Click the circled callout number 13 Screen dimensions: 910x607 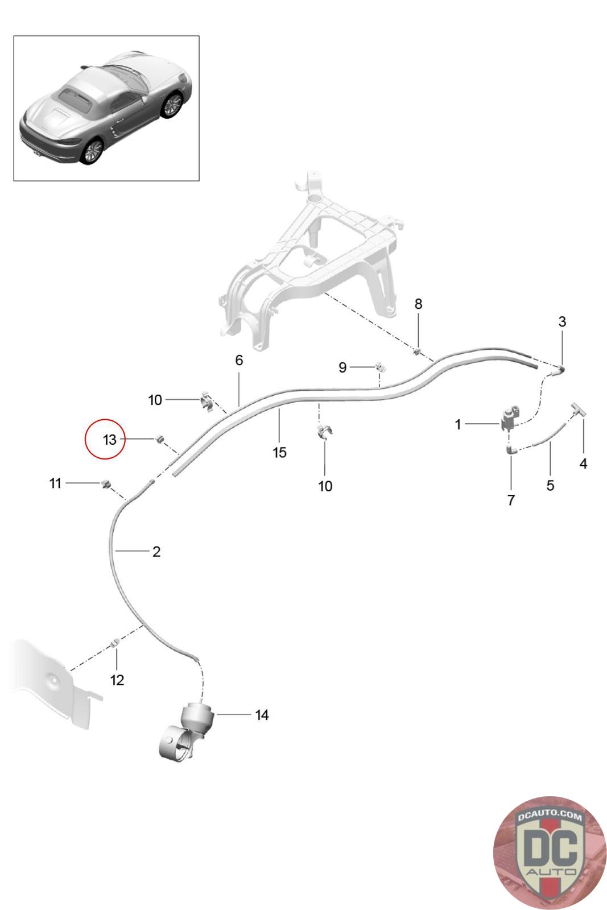tap(109, 440)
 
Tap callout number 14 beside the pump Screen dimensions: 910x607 tap(262, 715)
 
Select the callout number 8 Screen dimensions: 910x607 tap(418, 304)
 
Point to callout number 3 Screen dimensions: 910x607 tap(562, 322)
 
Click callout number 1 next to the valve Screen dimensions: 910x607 tap(458, 424)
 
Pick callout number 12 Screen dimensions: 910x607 tap(117, 680)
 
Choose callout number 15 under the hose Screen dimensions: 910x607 tap(279, 453)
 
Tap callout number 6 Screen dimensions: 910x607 tap(239, 360)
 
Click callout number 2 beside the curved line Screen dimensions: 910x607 tap(156, 552)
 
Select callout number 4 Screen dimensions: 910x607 tap(583, 464)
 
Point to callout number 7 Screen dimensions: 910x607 tap(511, 500)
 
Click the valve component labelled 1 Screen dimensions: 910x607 tap(511, 419)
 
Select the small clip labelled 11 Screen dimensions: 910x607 tap(106, 484)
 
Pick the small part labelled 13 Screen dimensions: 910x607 tap(160, 439)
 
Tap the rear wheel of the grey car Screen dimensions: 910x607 tap(92, 151)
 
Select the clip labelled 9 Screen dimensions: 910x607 tap(380, 366)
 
